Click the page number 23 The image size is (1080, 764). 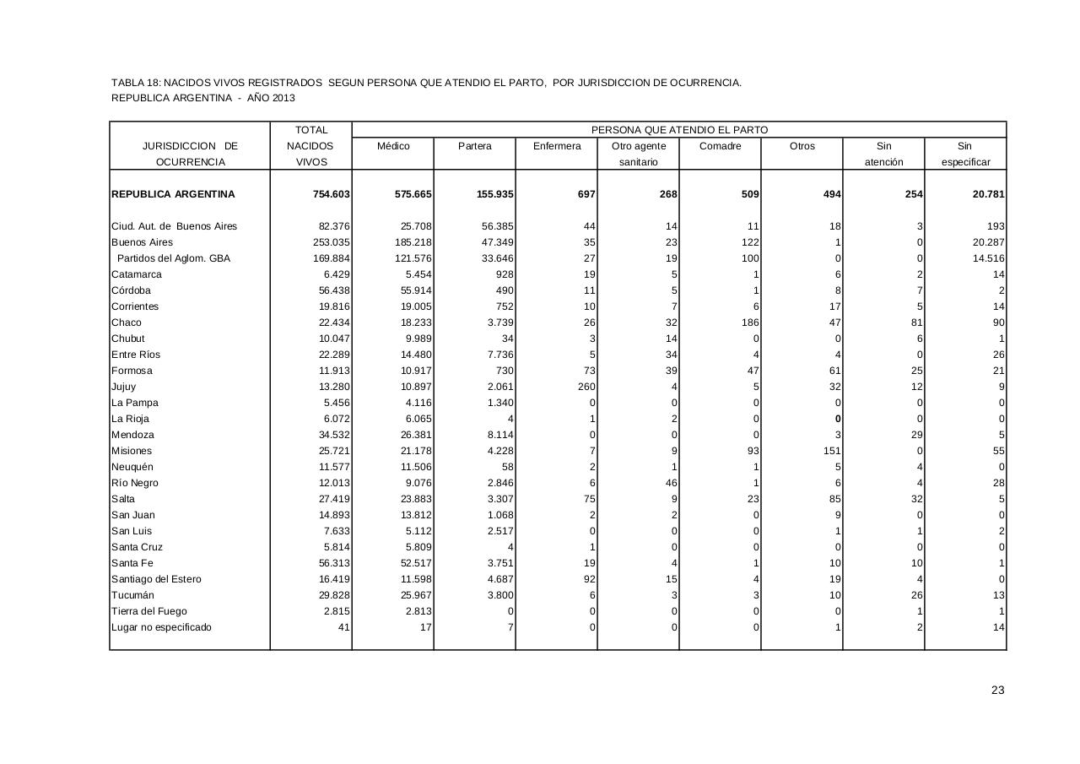tap(998, 691)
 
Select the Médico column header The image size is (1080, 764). tap(393, 146)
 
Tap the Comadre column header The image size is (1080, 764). tap(720, 146)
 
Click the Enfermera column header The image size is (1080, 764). tap(557, 146)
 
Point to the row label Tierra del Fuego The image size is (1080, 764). tap(149, 611)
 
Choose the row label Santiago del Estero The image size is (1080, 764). tap(156, 579)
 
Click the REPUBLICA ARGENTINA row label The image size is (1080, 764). tap(173, 194)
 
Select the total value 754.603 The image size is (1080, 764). tap(331, 194)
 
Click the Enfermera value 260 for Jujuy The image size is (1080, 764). tap(586, 387)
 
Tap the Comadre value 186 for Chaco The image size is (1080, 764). tap(749, 322)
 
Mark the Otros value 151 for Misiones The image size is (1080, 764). tap(832, 451)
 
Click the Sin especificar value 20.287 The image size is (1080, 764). tap(987, 242)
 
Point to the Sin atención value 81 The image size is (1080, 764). tap(916, 322)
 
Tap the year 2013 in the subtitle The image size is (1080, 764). tap(283, 98)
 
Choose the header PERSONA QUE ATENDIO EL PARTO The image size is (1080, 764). tap(679, 130)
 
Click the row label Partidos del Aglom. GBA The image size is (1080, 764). tap(173, 258)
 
